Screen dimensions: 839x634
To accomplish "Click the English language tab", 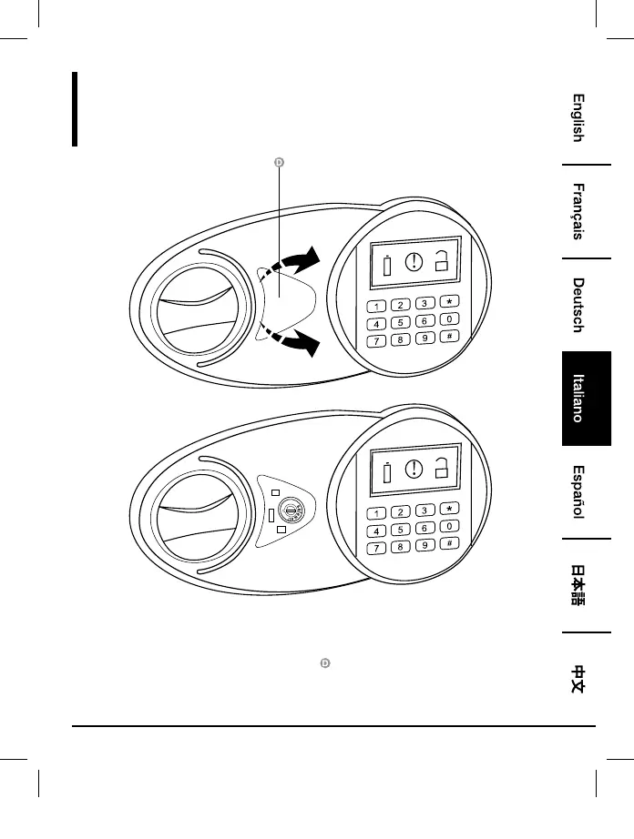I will pos(578,118).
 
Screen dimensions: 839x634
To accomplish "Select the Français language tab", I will pos(578,212).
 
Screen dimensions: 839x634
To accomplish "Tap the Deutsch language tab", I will pos(578,305).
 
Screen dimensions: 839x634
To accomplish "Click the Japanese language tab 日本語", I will pos(578,586).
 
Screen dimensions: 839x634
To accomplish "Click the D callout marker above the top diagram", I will pos(280,162).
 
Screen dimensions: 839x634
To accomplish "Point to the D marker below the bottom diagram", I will pos(324,665).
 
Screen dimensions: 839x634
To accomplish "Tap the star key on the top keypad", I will pos(450,301).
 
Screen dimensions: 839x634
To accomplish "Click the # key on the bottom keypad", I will pos(450,543).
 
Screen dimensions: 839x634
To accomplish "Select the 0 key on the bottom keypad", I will pos(450,526).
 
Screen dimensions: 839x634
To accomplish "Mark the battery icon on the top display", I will pos(387,268).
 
